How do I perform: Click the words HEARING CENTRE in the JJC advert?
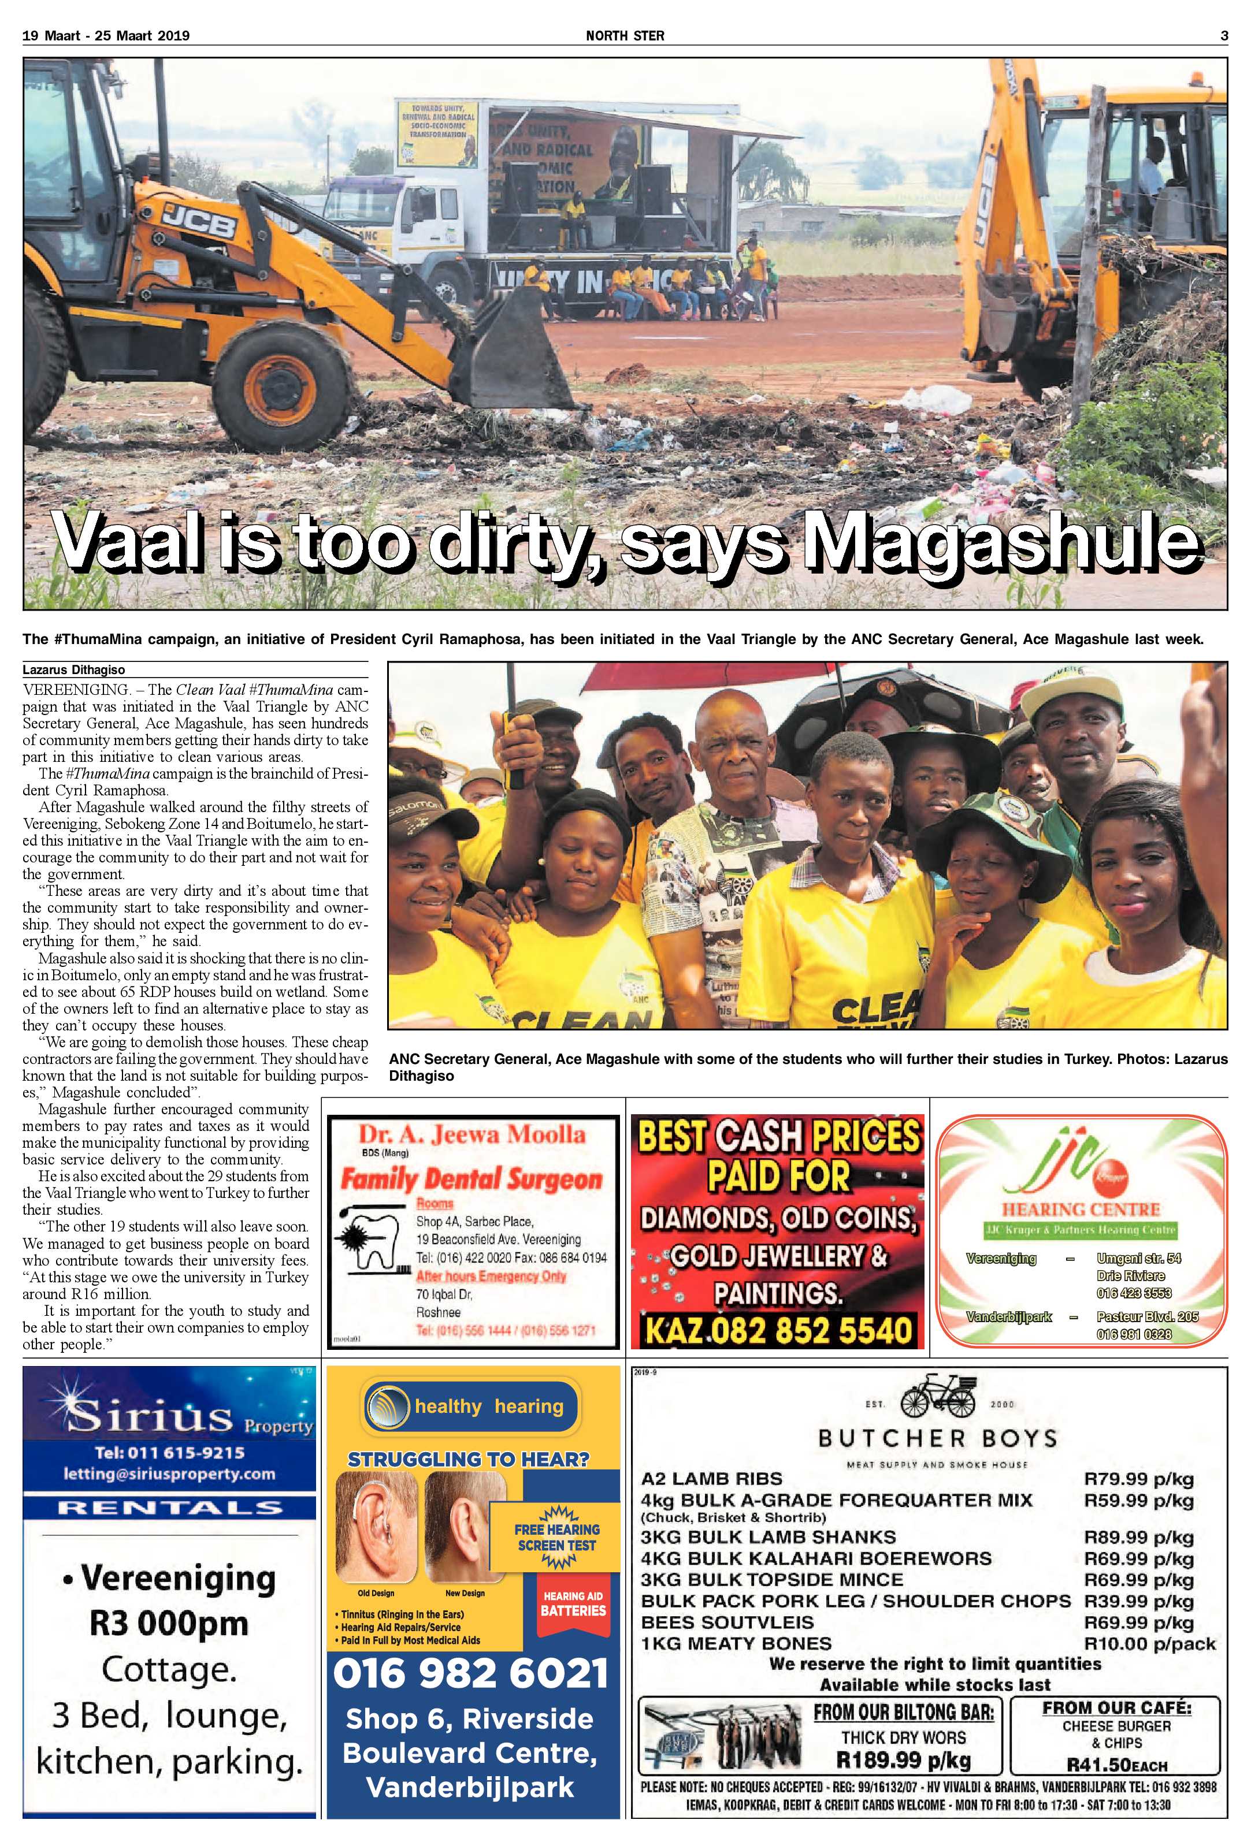[x=1081, y=1210]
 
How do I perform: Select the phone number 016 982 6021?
[x=471, y=1674]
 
